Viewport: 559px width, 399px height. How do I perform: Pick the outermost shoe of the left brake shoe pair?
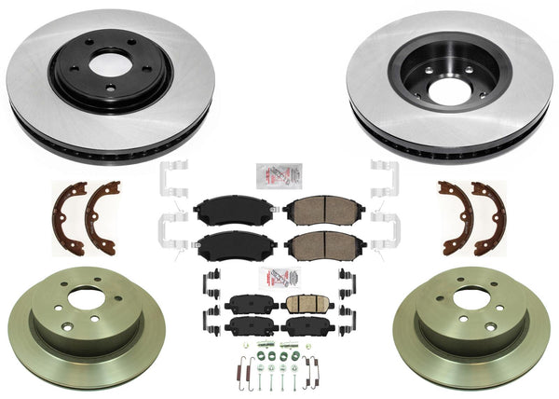(x=69, y=216)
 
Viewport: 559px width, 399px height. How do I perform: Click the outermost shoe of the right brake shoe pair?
(x=491, y=216)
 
